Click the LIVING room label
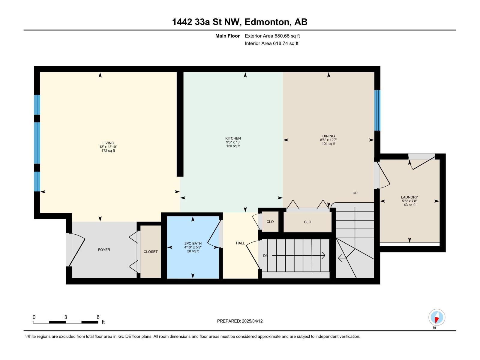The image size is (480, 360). coord(108,143)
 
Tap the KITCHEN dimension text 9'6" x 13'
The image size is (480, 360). coord(233,142)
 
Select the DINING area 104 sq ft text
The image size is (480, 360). coord(328,144)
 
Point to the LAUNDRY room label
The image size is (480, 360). coord(409,197)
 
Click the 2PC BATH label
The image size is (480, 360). coord(193,243)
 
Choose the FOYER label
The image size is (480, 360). coord(104,250)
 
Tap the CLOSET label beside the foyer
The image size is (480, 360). coord(151,252)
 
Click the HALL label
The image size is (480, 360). coord(240,243)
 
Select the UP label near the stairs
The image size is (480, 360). coord(355,193)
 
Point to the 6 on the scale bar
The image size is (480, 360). coord(98,317)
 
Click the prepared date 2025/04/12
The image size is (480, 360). coord(252,321)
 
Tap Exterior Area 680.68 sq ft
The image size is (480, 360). coord(272,36)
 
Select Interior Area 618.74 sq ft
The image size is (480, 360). coord(271,43)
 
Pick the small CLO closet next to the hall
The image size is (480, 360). coord(270,222)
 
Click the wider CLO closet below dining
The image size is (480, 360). coord(307,222)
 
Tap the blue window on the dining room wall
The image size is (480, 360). coord(377,110)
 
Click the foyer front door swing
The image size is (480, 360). coord(76,250)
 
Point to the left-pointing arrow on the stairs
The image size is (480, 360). coord(341,257)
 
